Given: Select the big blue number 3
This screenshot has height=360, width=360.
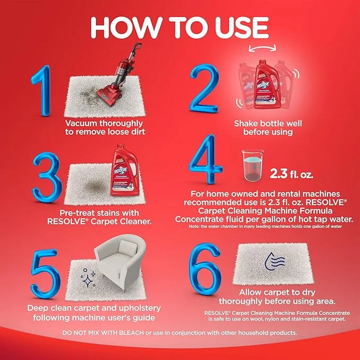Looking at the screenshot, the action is [x=47, y=177].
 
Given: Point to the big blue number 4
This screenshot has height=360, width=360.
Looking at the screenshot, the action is [x=205, y=159].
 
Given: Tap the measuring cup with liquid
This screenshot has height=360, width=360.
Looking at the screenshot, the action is [x=252, y=165].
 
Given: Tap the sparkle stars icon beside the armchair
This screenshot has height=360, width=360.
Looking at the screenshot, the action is [x=88, y=278].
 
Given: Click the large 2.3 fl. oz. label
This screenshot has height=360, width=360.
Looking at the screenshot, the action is [x=291, y=174].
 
